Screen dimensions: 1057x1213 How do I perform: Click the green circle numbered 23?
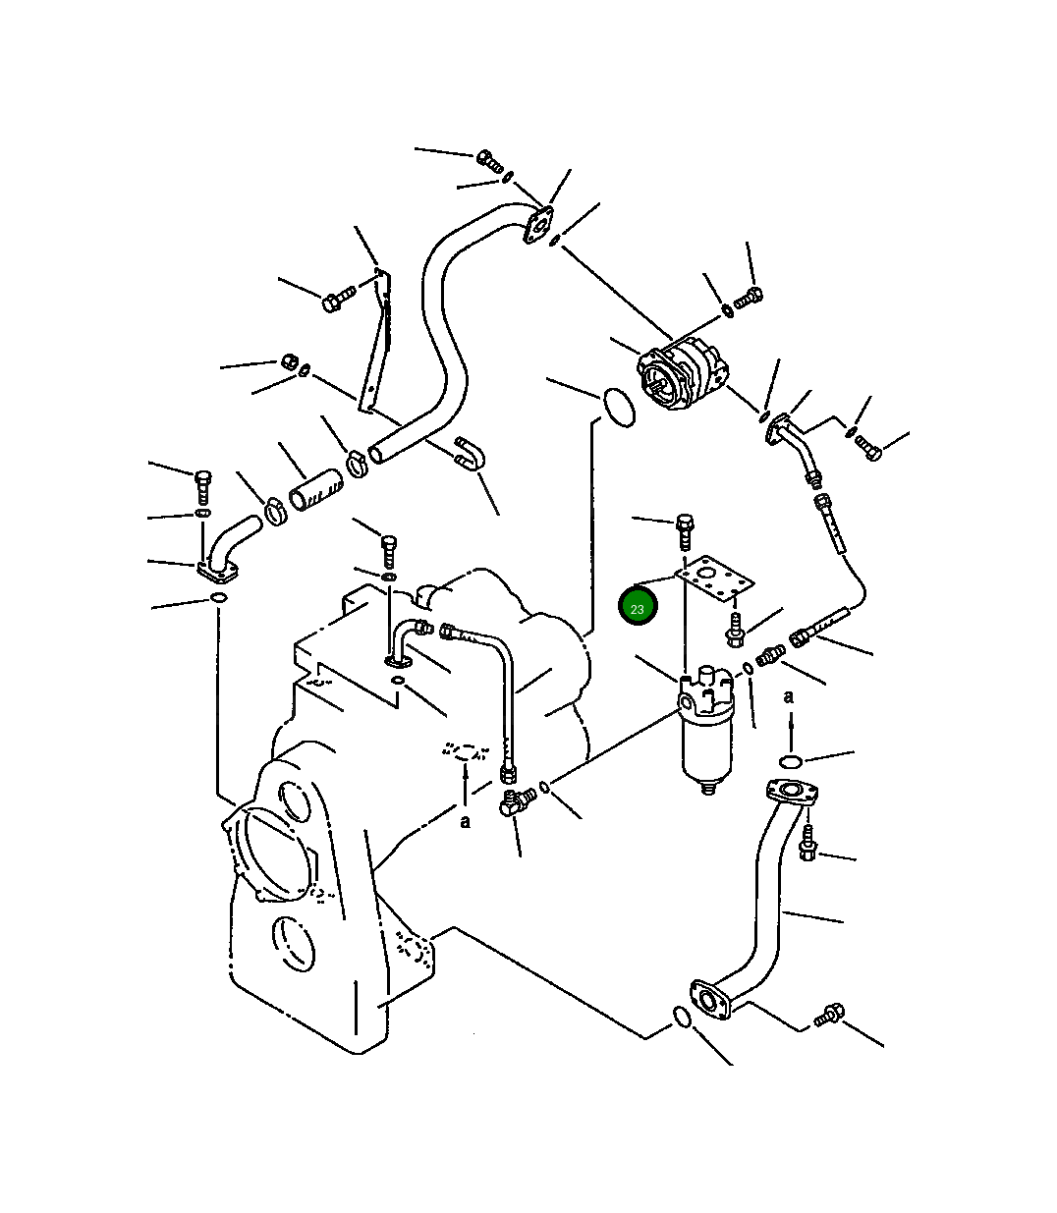[638, 606]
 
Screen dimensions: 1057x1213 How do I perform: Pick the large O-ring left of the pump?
[619, 408]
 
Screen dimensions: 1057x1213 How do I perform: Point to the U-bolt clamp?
[469, 454]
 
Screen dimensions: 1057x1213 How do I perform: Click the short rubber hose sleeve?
[316, 490]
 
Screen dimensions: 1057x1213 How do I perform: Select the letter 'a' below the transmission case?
[466, 821]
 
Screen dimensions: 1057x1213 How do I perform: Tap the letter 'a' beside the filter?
[788, 696]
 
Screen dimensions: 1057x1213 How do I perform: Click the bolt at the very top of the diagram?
[489, 160]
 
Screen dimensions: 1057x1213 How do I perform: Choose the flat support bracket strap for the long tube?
[374, 340]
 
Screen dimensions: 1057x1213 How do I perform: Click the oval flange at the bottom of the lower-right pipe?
[711, 1000]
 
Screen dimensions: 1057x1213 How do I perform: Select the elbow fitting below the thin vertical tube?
[514, 800]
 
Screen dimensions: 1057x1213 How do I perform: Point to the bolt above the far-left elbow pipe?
[202, 487]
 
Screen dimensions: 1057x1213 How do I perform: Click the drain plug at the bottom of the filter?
[708, 788]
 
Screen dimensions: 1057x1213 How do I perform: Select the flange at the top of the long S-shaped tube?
[537, 225]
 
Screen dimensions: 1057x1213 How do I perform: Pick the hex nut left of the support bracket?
[289, 361]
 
